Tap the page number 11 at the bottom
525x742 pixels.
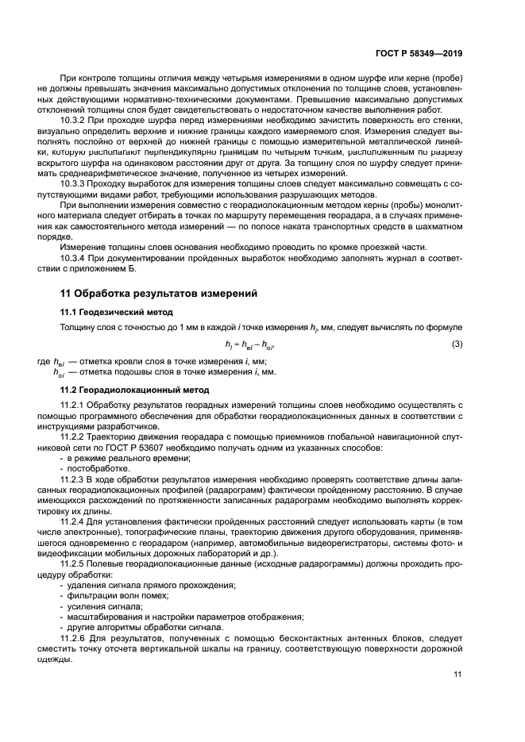457,675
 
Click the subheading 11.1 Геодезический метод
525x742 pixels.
117,312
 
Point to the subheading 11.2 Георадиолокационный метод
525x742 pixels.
135,390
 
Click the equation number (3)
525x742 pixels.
457,343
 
